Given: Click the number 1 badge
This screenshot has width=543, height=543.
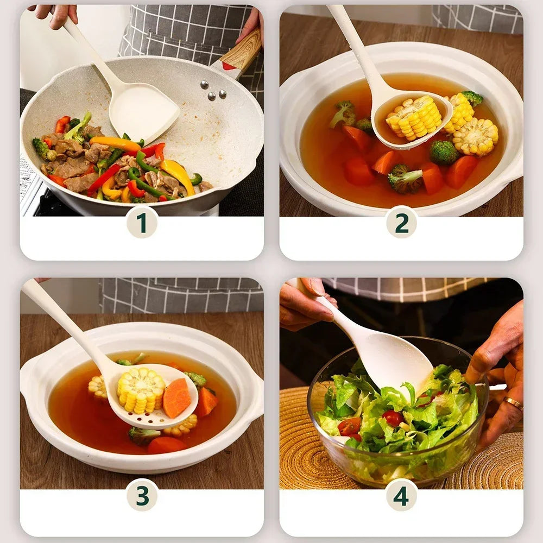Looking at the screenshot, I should (x=142, y=222).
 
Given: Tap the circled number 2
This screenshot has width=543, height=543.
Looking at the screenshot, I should (x=401, y=222).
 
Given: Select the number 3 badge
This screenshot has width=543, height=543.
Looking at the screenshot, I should (x=142, y=495).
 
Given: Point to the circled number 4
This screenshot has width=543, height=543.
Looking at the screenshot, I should (x=401, y=495).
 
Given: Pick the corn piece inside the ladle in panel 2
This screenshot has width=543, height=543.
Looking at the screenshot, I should (x=414, y=117).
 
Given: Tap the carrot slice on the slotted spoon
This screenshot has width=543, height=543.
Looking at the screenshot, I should (x=176, y=397).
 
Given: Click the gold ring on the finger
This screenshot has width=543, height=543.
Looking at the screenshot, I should (x=513, y=403).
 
